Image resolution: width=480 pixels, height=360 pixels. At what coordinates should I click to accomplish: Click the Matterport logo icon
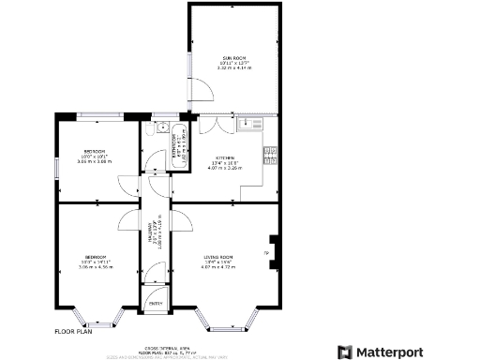(345, 352)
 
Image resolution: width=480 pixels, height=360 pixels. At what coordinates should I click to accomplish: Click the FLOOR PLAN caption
(72, 332)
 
